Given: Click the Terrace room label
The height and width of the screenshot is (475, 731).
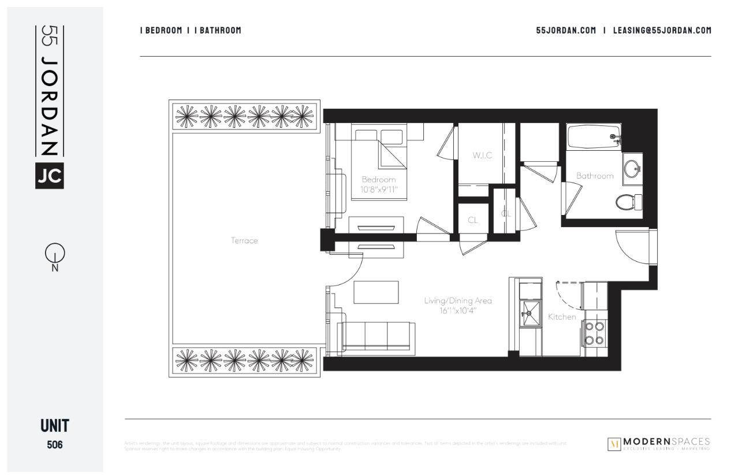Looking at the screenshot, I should pyautogui.click(x=244, y=241).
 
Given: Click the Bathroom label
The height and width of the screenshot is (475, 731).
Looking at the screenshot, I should pyautogui.click(x=595, y=176).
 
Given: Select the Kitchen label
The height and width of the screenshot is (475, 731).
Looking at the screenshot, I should pyautogui.click(x=562, y=317).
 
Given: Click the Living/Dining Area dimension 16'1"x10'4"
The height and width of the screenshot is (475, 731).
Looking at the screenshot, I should pyautogui.click(x=458, y=310).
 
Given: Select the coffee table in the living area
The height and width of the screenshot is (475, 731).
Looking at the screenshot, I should pyautogui.click(x=376, y=292).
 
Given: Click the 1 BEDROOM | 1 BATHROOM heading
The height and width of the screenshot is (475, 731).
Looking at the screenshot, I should pyautogui.click(x=191, y=30).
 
